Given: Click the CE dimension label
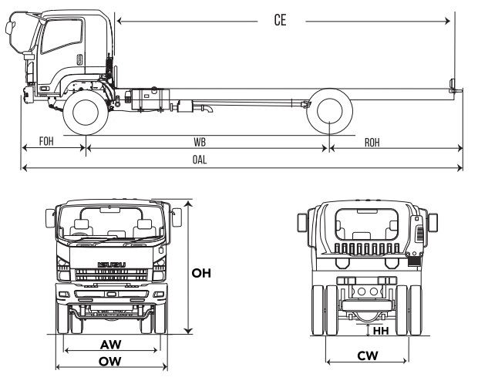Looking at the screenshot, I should [281, 20].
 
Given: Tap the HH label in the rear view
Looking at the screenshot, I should [381, 331].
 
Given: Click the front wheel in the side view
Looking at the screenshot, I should [86, 111].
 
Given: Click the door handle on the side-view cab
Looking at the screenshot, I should [79, 59].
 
